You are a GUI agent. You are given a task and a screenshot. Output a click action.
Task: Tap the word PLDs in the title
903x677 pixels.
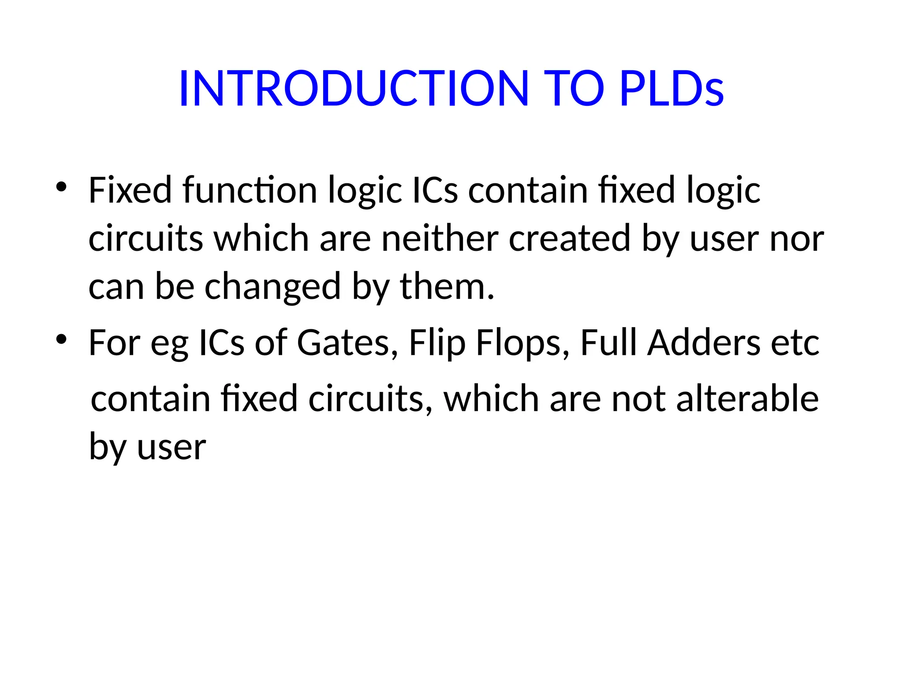coord(671,89)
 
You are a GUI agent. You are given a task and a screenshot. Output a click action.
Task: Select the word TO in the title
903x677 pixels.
coord(574,89)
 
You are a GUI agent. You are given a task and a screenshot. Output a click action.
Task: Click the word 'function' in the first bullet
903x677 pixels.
coord(250,190)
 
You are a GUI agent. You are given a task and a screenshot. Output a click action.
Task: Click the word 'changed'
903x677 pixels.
coord(273,287)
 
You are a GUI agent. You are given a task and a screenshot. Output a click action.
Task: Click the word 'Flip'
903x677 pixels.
coord(437,343)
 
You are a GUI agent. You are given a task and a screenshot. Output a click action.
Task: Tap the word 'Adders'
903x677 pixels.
coord(704,343)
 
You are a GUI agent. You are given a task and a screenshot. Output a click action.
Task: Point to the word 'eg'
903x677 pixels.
coord(169,343)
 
